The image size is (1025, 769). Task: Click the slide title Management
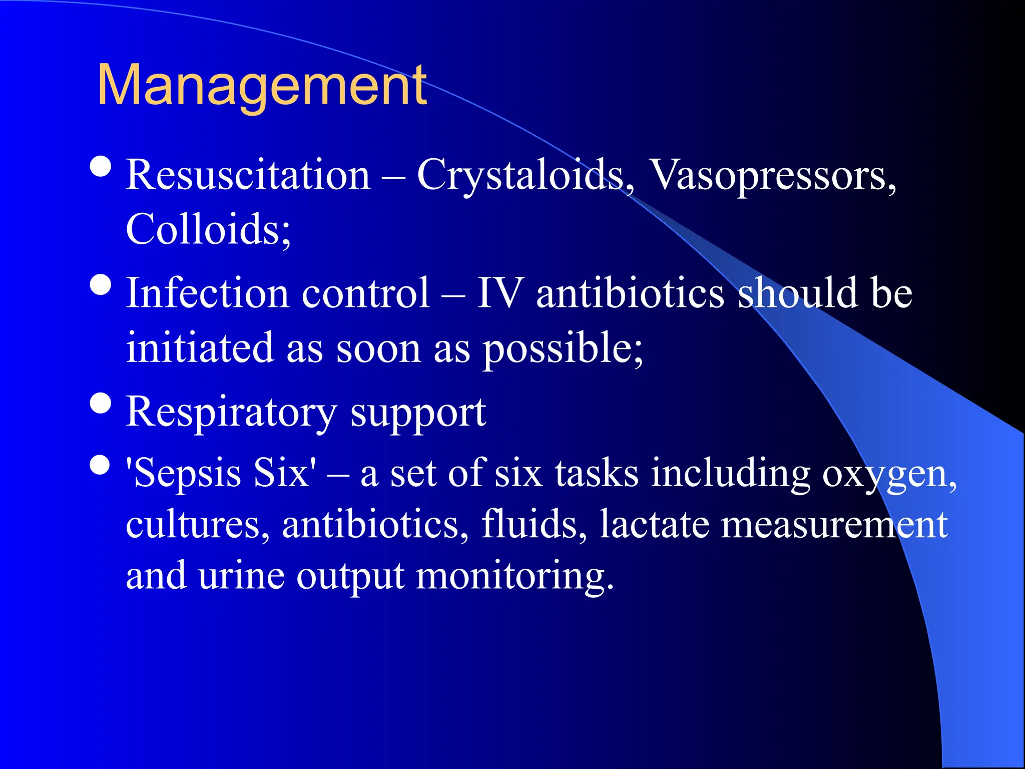pos(262,86)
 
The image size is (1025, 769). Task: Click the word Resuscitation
pos(248,175)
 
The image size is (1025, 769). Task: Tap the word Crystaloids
pos(525,175)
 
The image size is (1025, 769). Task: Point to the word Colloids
pos(207,229)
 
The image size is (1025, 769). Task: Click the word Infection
pos(207,293)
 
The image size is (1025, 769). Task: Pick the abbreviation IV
pos(500,293)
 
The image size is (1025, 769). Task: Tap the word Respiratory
pos(231,413)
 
